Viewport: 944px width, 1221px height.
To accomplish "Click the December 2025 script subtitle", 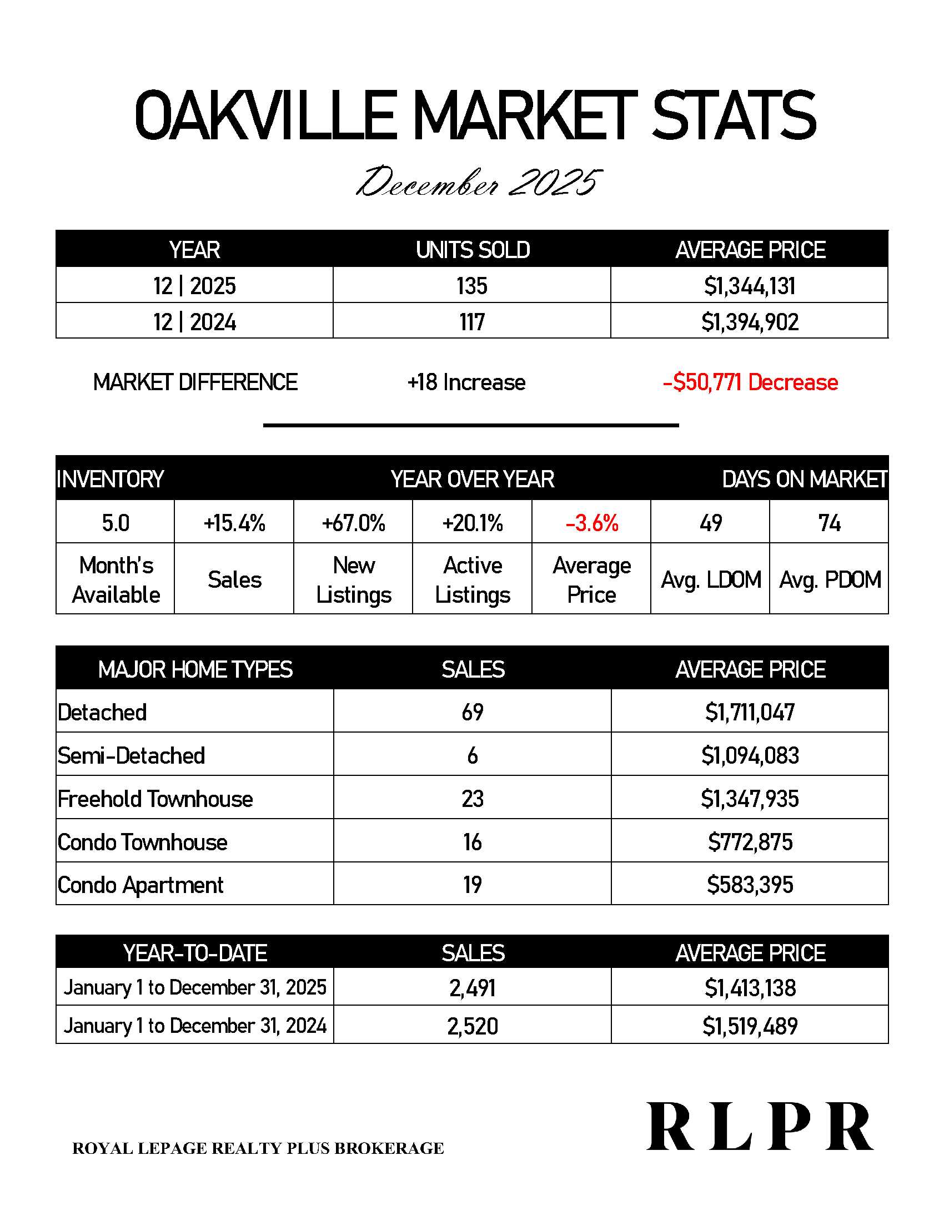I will (x=479, y=182).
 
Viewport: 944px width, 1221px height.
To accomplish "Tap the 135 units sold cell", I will (x=472, y=286).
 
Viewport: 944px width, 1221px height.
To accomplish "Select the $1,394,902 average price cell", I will (x=750, y=322).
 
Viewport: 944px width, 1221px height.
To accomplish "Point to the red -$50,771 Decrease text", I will (x=750, y=382).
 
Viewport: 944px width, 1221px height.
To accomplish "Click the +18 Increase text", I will (x=466, y=382).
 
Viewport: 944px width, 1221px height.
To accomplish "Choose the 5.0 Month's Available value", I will (x=115, y=523).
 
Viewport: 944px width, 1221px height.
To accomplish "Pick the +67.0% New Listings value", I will (x=353, y=523).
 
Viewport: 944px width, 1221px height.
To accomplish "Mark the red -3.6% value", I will (x=592, y=523).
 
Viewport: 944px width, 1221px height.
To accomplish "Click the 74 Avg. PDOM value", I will (x=830, y=523).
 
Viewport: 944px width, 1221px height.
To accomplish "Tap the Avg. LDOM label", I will (x=711, y=580).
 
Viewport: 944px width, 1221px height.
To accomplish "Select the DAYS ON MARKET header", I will (x=804, y=479).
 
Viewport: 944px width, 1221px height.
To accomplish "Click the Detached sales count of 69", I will (x=473, y=712).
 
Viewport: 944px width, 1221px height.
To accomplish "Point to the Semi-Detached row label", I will (x=132, y=755).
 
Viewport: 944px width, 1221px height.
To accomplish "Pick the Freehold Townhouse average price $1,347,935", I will (x=750, y=798).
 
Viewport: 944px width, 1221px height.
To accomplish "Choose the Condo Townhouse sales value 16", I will (x=473, y=842).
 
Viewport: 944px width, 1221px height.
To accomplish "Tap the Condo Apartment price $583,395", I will (x=750, y=885).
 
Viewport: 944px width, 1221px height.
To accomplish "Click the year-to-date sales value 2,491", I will (x=473, y=988).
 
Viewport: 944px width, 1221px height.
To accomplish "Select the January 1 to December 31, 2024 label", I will (x=194, y=1025).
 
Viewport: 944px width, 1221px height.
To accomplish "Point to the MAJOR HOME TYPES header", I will (x=195, y=669).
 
